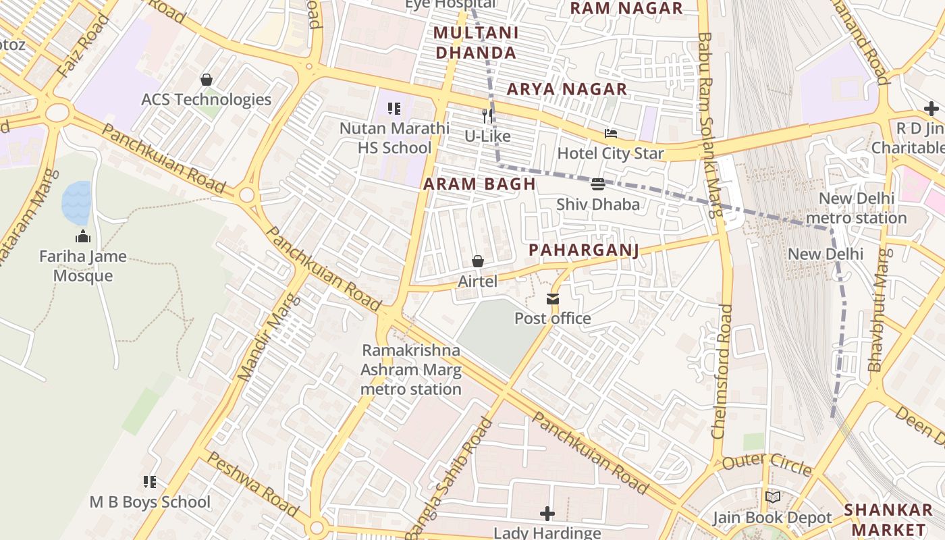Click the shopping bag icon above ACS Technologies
(207, 80)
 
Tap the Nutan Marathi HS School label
(394, 138)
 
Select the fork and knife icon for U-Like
(487, 116)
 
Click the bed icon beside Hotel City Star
(610, 134)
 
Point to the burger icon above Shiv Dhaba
(597, 184)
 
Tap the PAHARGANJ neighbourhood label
(583, 250)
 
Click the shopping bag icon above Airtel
(478, 261)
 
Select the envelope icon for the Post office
(553, 299)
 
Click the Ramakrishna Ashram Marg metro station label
(411, 370)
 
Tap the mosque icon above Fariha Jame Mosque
(83, 236)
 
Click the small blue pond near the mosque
(76, 202)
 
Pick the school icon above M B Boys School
(150, 482)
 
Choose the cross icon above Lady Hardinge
(547, 514)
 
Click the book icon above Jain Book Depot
(773, 497)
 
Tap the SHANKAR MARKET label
(888, 519)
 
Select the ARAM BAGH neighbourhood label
(479, 184)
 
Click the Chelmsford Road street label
(723, 371)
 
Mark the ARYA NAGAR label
(567, 89)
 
